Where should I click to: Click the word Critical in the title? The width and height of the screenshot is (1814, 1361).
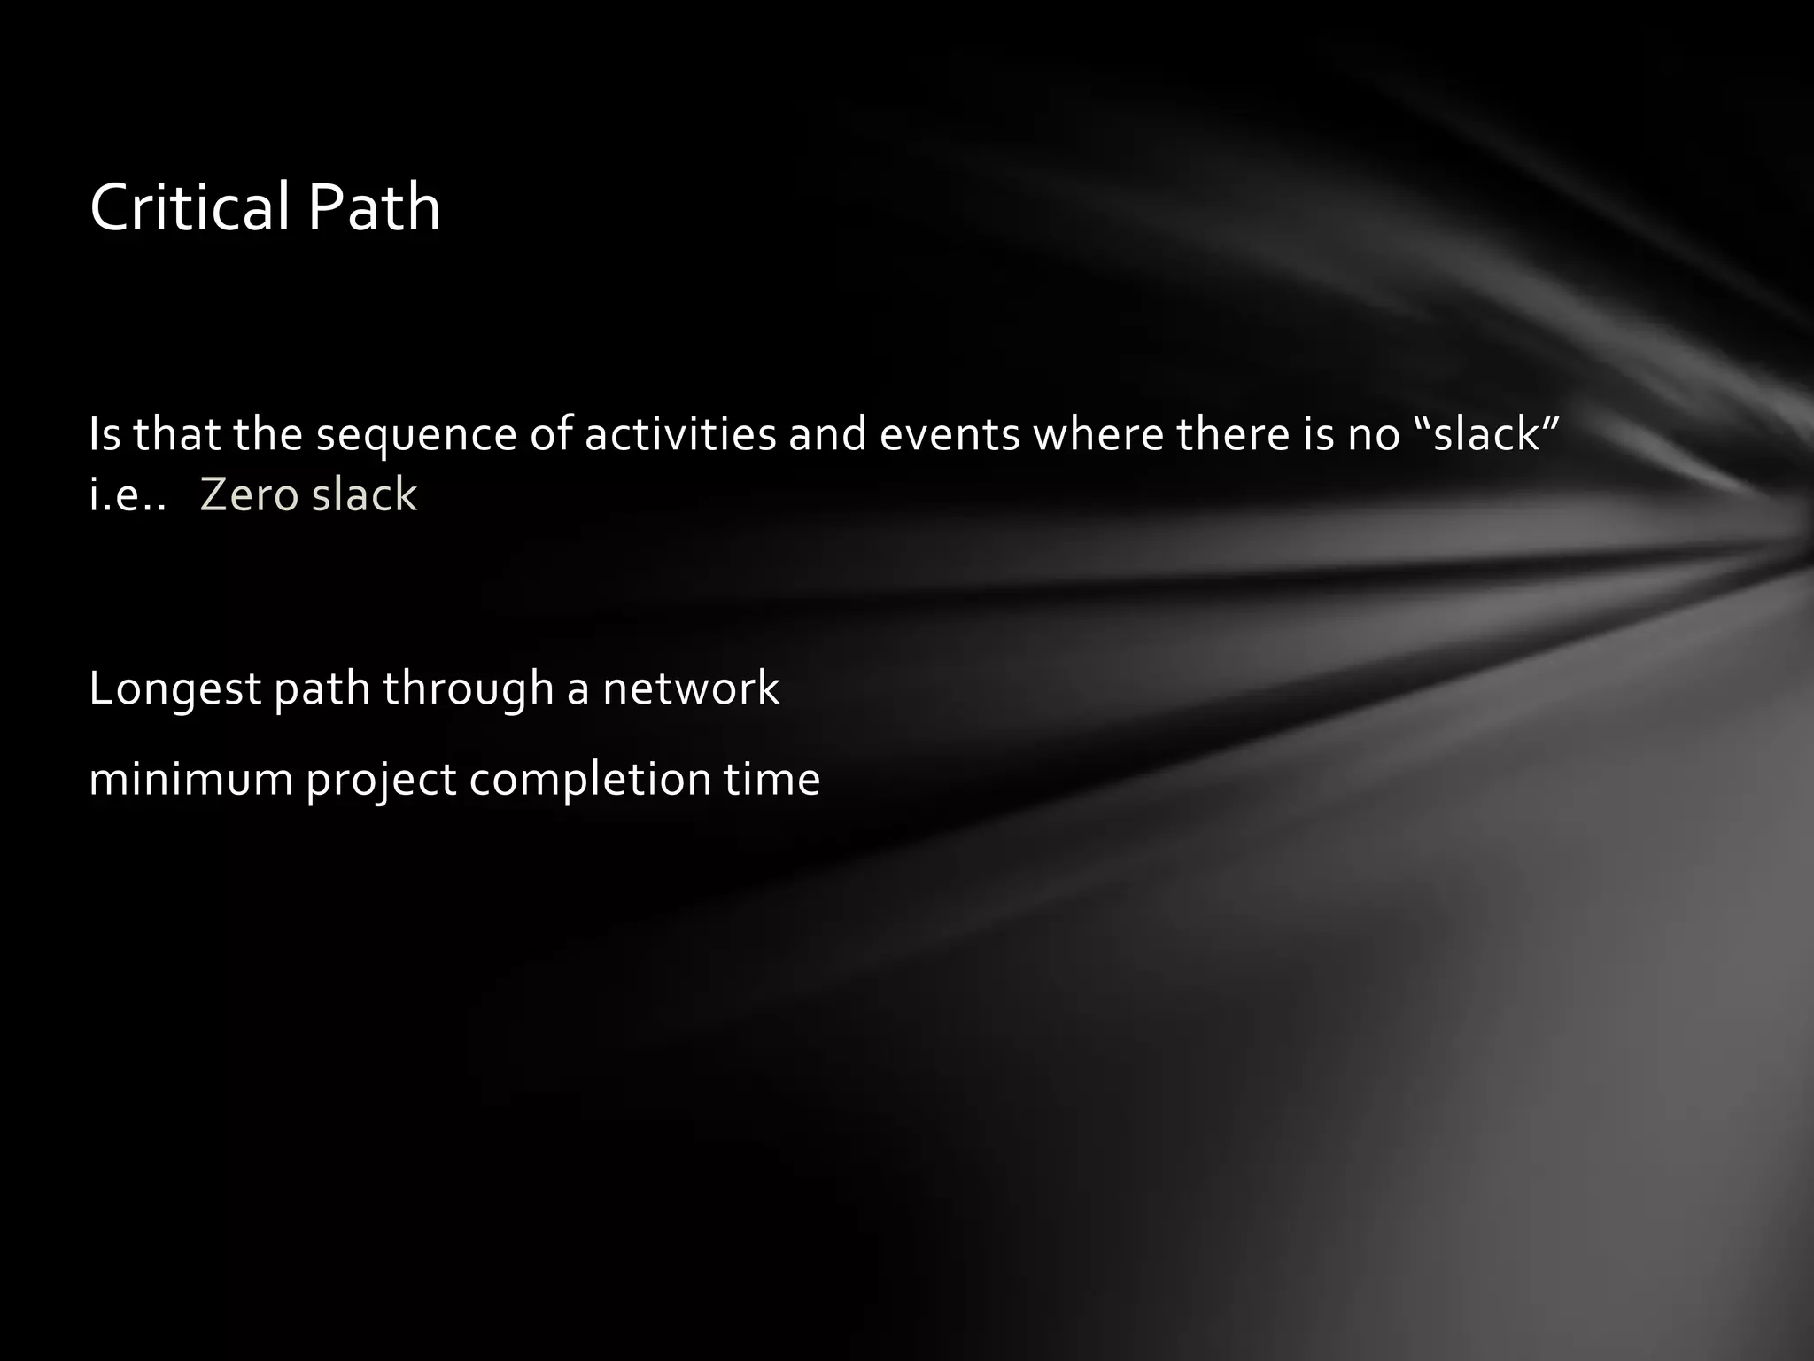tap(191, 207)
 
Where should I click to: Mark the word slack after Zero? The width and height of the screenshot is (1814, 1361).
tap(364, 494)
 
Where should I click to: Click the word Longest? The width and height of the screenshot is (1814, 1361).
tap(174, 689)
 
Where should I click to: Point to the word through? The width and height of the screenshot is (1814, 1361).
tap(467, 689)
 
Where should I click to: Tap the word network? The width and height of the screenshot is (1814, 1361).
tap(691, 689)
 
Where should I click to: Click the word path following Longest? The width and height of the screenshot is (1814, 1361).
tap(322, 689)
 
